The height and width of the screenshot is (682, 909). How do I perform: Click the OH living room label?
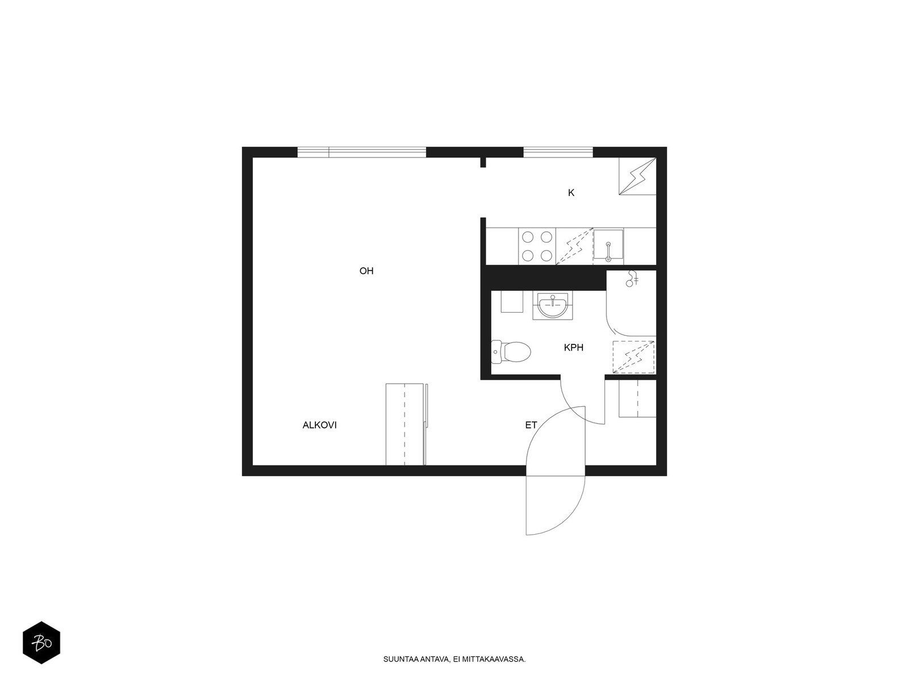[x=366, y=271]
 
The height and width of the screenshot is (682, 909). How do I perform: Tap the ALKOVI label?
[x=319, y=425]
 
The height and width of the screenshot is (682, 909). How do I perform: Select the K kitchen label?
[x=571, y=193]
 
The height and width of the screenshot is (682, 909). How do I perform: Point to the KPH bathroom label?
[x=574, y=347]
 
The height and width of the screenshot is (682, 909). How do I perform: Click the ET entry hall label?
[x=531, y=425]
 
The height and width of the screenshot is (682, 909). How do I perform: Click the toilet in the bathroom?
[x=511, y=352]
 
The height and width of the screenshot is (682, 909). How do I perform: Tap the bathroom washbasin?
[x=552, y=306]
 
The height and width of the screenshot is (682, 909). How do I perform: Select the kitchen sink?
[x=608, y=246]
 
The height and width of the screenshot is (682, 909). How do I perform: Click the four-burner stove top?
[x=537, y=246]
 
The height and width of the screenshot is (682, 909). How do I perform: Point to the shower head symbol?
[x=632, y=278]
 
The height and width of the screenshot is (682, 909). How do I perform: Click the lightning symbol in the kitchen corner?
[x=637, y=176]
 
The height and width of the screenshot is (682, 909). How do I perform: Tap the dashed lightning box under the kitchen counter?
[x=574, y=247]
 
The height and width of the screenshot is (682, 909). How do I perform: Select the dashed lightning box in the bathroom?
[x=633, y=357]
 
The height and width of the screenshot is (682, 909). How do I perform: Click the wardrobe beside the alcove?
[x=406, y=425]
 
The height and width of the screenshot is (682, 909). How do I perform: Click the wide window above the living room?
[x=361, y=152]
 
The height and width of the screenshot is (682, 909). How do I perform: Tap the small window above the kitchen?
[x=558, y=152]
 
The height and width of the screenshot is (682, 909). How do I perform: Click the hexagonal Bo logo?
[x=41, y=642]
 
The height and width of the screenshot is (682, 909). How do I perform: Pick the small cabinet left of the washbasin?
[x=512, y=301]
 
